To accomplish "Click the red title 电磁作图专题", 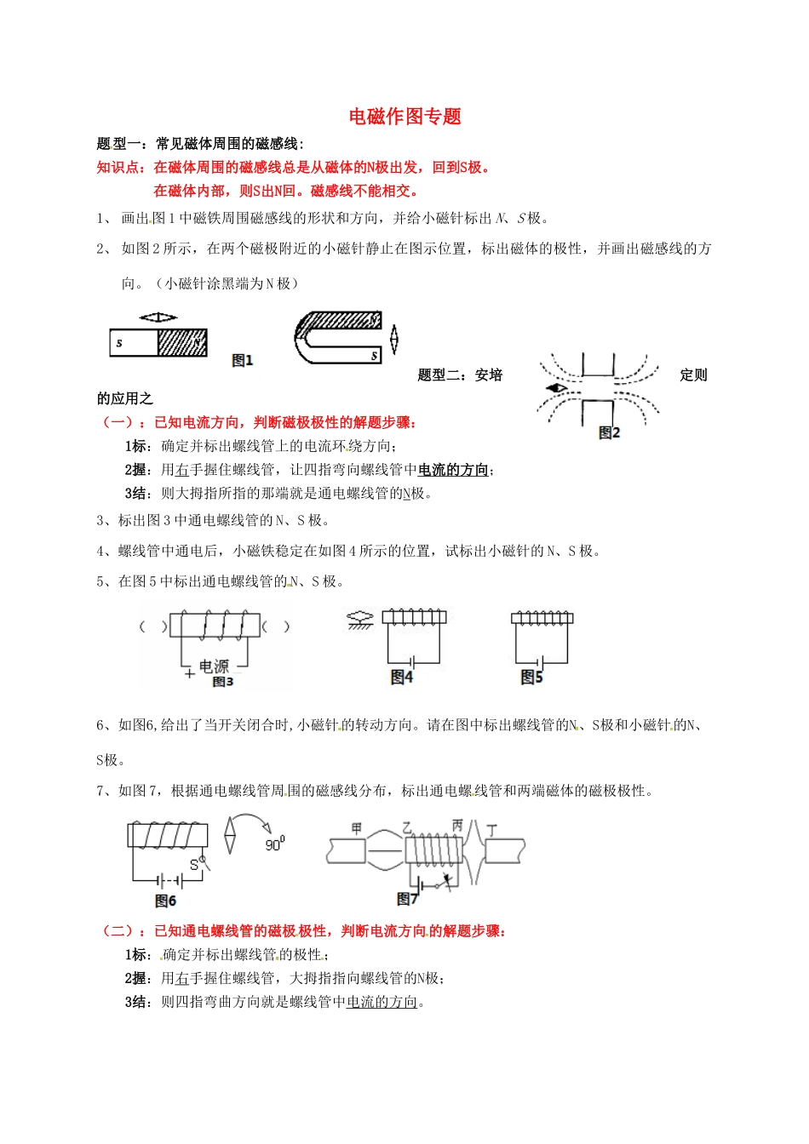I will [404, 117].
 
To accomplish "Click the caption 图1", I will [243, 361].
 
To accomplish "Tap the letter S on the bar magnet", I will [119, 343].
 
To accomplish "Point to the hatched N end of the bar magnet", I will [183, 343].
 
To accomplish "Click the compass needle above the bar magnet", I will [158, 317].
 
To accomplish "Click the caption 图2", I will [610, 432].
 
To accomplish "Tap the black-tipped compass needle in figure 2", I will [557, 388].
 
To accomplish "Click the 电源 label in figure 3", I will [214, 666].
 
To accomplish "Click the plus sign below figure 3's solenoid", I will [189, 673].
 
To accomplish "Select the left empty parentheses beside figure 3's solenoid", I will [153, 627].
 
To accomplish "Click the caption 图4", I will [401, 677].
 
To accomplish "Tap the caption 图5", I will [531, 677].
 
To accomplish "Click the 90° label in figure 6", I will [274, 844].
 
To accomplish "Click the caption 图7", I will [407, 899].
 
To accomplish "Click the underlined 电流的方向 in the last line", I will [382, 1002].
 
